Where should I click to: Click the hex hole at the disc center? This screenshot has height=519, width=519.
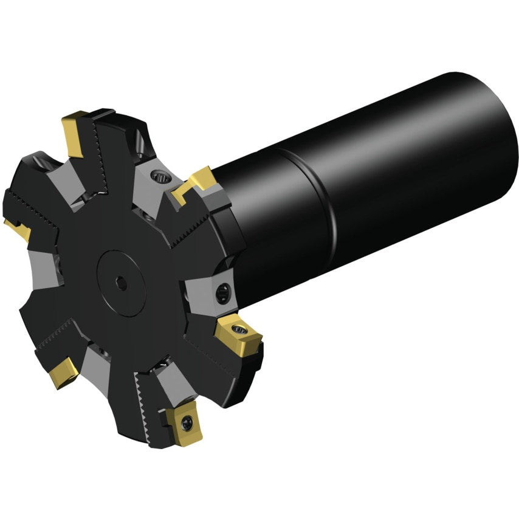(x=122, y=283)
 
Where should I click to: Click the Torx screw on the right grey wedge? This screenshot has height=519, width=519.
(x=222, y=294)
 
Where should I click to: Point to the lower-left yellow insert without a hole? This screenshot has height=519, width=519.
(x=63, y=372)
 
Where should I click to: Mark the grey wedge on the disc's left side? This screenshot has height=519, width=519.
(x=44, y=270)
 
